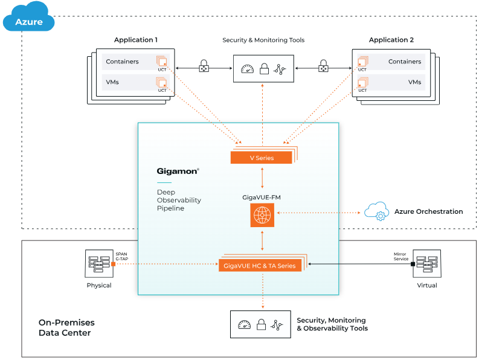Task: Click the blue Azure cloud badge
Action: coord(28,19)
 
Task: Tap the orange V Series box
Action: coord(262,158)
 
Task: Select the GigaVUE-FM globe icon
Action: coord(262,216)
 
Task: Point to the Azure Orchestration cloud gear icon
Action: coord(376,211)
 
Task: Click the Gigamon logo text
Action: coord(178,172)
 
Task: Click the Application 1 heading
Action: coord(136,40)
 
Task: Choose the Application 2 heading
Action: coord(391,40)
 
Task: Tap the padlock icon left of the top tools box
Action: coord(204,66)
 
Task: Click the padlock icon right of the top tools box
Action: coord(323,66)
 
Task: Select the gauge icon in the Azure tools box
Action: coord(246,69)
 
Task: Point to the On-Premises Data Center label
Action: coord(66,327)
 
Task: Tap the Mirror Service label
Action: coord(400,256)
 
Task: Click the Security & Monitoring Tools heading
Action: coord(263,40)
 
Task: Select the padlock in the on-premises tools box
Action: coord(262,325)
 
